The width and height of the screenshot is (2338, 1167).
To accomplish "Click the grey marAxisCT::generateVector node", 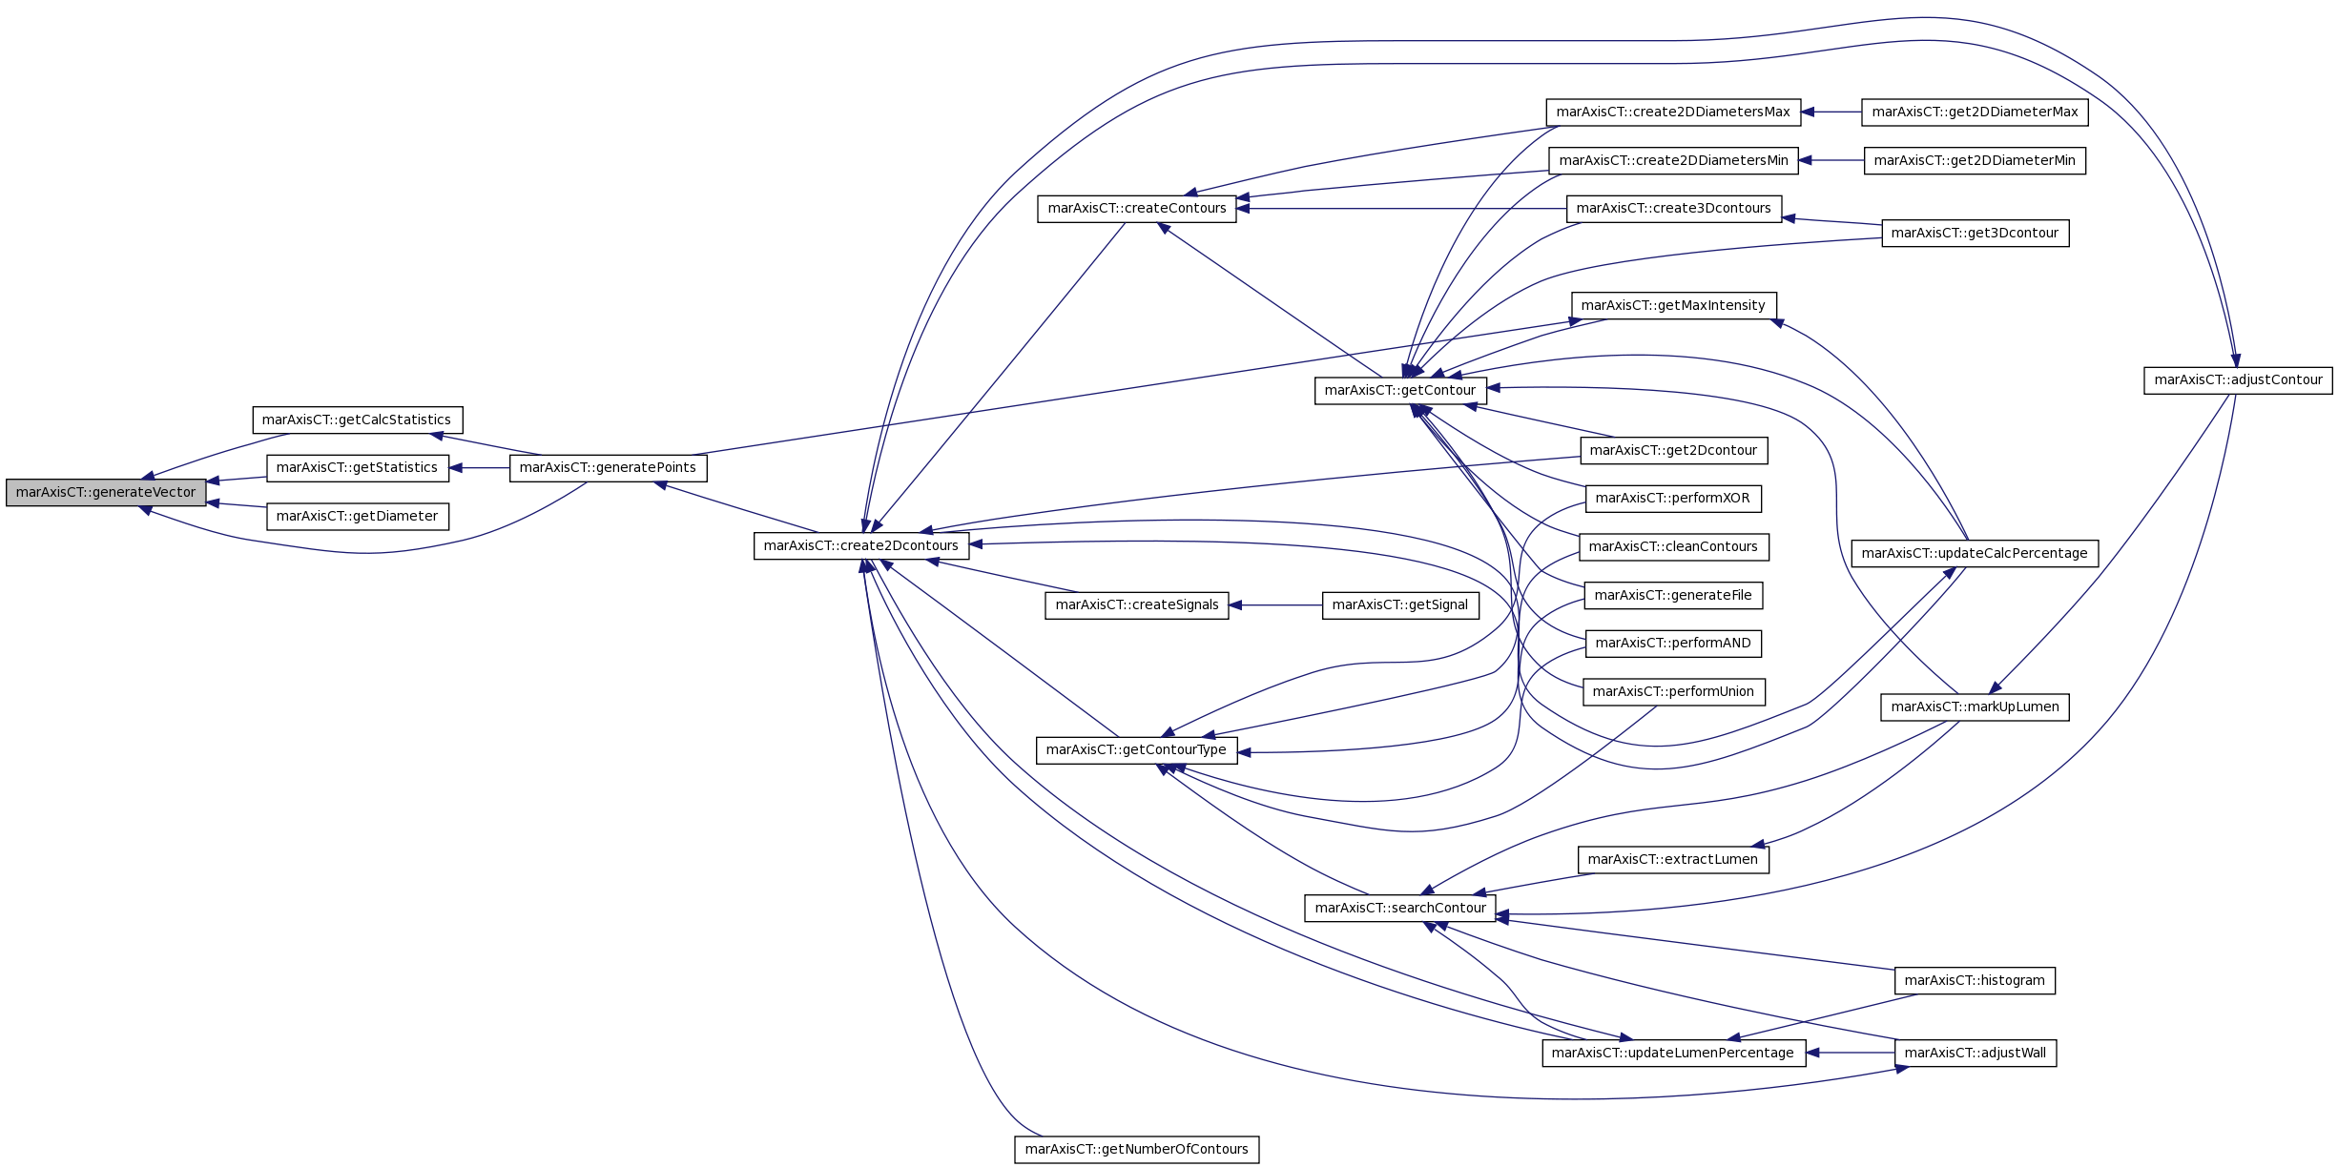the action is tap(106, 493).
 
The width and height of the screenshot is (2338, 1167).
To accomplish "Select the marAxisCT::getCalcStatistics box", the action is tap(357, 420).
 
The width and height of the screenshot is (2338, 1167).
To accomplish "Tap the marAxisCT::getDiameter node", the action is tap(357, 517).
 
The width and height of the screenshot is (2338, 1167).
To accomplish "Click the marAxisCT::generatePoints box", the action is tap(608, 468).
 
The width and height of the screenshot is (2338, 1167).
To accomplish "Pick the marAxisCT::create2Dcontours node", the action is tap(860, 546).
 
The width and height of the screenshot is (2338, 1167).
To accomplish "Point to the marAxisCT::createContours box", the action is tap(1136, 209).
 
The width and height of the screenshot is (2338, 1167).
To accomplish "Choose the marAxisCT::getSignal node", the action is tap(1399, 605).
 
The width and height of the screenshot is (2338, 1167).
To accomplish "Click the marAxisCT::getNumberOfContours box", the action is tap(1136, 1150).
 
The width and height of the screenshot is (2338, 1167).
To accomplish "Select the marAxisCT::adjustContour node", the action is tap(2238, 380).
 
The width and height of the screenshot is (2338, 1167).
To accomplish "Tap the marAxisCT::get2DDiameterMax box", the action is tap(1975, 113).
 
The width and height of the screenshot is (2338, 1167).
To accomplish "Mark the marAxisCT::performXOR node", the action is tap(1672, 499).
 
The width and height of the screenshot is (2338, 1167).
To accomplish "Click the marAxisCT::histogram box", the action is tap(1974, 981).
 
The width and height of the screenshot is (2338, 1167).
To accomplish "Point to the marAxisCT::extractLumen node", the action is tap(1672, 860).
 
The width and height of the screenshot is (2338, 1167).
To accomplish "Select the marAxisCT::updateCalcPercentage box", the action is tap(1974, 554).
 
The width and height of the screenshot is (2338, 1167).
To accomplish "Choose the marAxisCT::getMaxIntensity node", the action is tap(1672, 306).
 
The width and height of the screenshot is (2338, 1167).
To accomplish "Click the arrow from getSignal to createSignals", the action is tap(1275, 605).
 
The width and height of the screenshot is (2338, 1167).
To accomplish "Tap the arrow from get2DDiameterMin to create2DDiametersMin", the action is tap(1831, 161).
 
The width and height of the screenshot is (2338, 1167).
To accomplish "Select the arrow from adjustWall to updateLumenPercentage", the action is tap(1850, 1054).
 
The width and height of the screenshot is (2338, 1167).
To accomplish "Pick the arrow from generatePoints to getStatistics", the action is tap(479, 468).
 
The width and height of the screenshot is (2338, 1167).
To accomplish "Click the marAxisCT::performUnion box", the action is tap(1673, 692).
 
